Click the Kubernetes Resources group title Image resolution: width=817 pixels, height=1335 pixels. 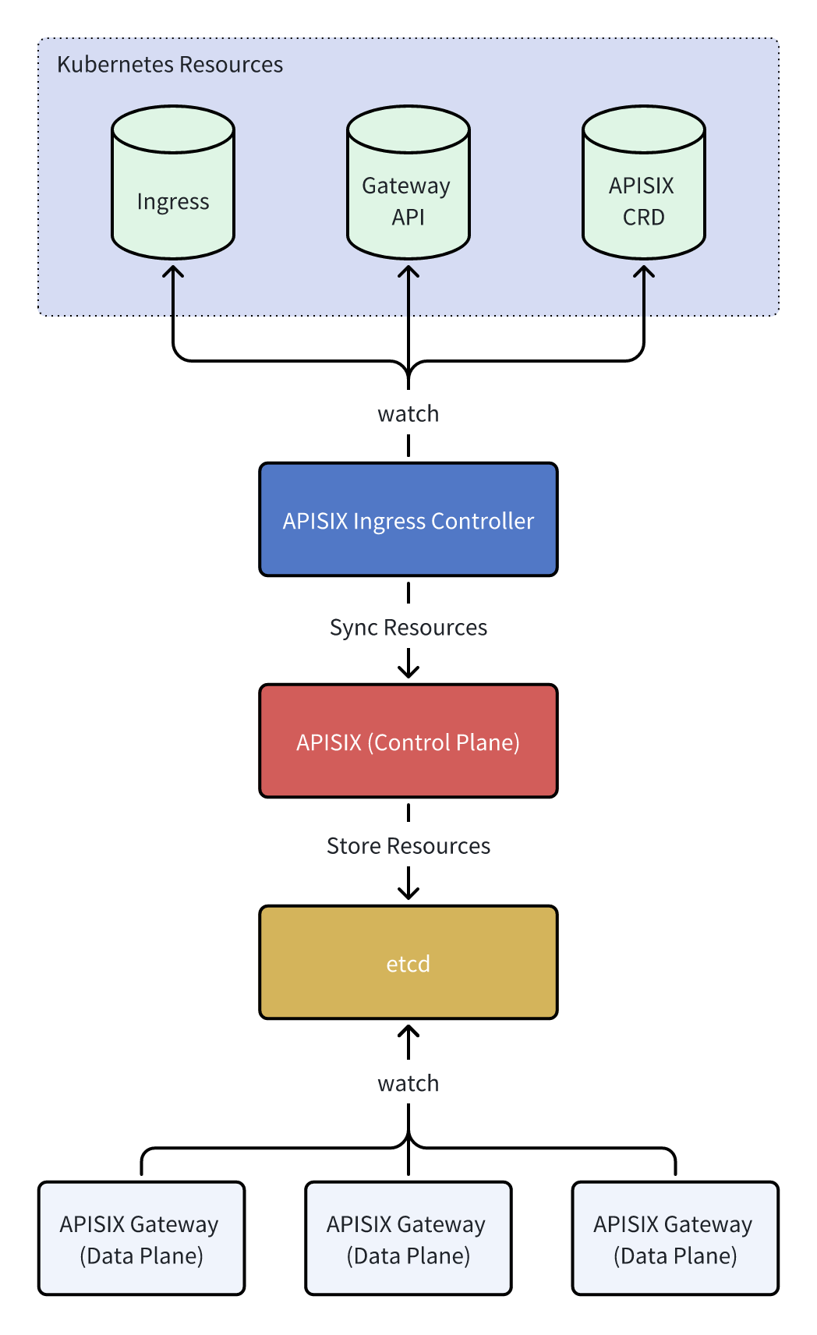(x=170, y=65)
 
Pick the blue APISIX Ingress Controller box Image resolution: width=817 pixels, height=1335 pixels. (x=408, y=519)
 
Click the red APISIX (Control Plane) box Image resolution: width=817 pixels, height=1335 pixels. (x=408, y=741)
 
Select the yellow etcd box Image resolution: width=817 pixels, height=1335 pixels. (x=408, y=962)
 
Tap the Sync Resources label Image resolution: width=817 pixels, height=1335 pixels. (x=408, y=627)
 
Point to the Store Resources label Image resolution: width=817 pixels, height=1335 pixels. (x=408, y=846)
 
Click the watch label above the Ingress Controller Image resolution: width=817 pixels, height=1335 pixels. (x=408, y=413)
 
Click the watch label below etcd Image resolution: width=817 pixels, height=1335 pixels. (x=408, y=1083)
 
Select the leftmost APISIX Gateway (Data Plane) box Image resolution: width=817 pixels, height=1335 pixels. (x=141, y=1238)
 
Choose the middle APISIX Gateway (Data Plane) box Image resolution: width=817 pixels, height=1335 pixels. (x=408, y=1238)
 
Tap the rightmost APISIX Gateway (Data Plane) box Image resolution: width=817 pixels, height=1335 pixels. (x=674, y=1238)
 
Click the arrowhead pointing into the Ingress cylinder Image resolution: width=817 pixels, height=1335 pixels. (x=173, y=271)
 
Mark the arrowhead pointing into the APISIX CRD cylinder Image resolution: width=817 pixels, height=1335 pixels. (x=643, y=271)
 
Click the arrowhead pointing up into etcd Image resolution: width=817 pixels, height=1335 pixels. (x=408, y=1031)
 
